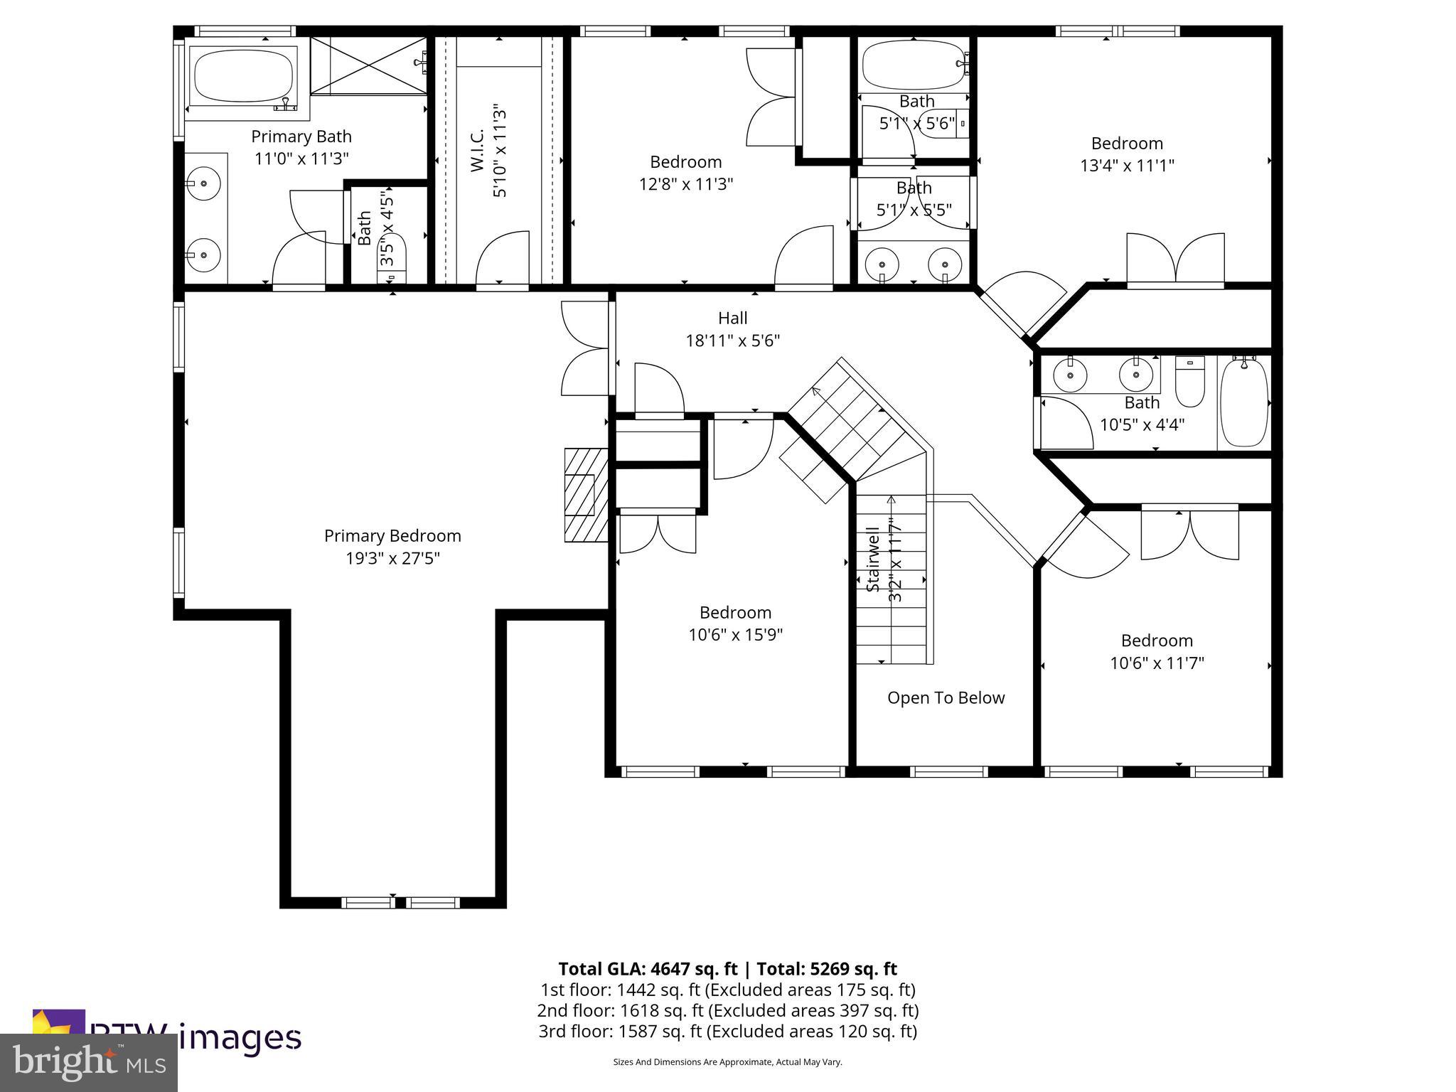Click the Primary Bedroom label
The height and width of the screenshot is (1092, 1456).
pos(392,535)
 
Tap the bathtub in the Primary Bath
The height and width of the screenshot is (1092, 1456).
pos(244,76)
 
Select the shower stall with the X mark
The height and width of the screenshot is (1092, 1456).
pos(368,65)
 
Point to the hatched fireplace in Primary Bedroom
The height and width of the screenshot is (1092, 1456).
pos(585,495)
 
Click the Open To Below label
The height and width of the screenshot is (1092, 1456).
pos(946,698)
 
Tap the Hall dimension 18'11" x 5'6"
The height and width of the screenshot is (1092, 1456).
pos(732,341)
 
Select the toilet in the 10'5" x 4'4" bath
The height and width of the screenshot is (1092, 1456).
pos(1189,382)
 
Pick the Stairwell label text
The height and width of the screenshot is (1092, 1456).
pos(874,560)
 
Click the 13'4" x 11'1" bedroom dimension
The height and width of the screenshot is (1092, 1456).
pos(1127,166)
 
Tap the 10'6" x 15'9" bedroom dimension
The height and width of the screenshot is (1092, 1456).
pos(735,634)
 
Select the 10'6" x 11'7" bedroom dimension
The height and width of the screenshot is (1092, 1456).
pos(1157,663)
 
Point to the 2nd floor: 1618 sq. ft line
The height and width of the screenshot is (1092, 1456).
pos(727,1010)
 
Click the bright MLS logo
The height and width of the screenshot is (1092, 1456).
pos(88,1062)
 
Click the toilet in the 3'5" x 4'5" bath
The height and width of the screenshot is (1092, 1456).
pos(392,255)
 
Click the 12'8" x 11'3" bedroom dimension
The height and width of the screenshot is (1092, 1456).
pos(685,184)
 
